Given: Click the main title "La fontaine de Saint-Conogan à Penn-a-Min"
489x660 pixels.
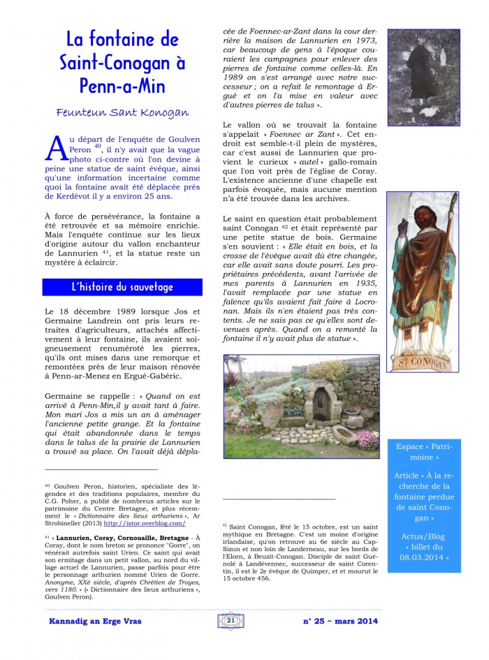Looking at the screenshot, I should [x=122, y=64].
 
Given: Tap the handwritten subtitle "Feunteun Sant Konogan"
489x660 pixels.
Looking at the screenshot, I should [x=122, y=112].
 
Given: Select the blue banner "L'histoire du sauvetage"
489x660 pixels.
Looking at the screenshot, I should [x=122, y=287].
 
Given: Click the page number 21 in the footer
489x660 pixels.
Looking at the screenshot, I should [x=230, y=620].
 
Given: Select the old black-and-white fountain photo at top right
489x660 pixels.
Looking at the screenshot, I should [x=423, y=77].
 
